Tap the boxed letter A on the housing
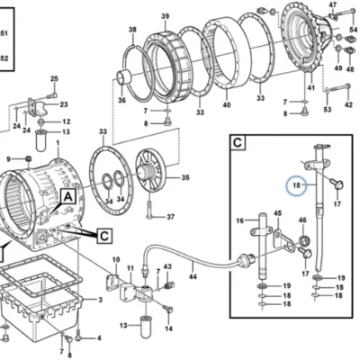(x=68, y=197)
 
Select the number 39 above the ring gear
(x=166, y=16)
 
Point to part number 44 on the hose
(x=193, y=276)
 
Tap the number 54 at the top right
(x=354, y=30)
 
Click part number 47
(x=333, y=4)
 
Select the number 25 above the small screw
(x=54, y=78)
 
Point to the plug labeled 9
(x=29, y=158)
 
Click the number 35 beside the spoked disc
(x=185, y=177)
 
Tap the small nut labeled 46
(x=305, y=240)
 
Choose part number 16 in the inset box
(x=239, y=220)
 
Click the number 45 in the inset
(x=277, y=213)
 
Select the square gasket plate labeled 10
(x=112, y=281)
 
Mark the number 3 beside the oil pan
(x=100, y=300)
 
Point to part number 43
(x=167, y=266)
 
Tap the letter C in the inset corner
(x=238, y=142)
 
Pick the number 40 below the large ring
(x=227, y=104)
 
